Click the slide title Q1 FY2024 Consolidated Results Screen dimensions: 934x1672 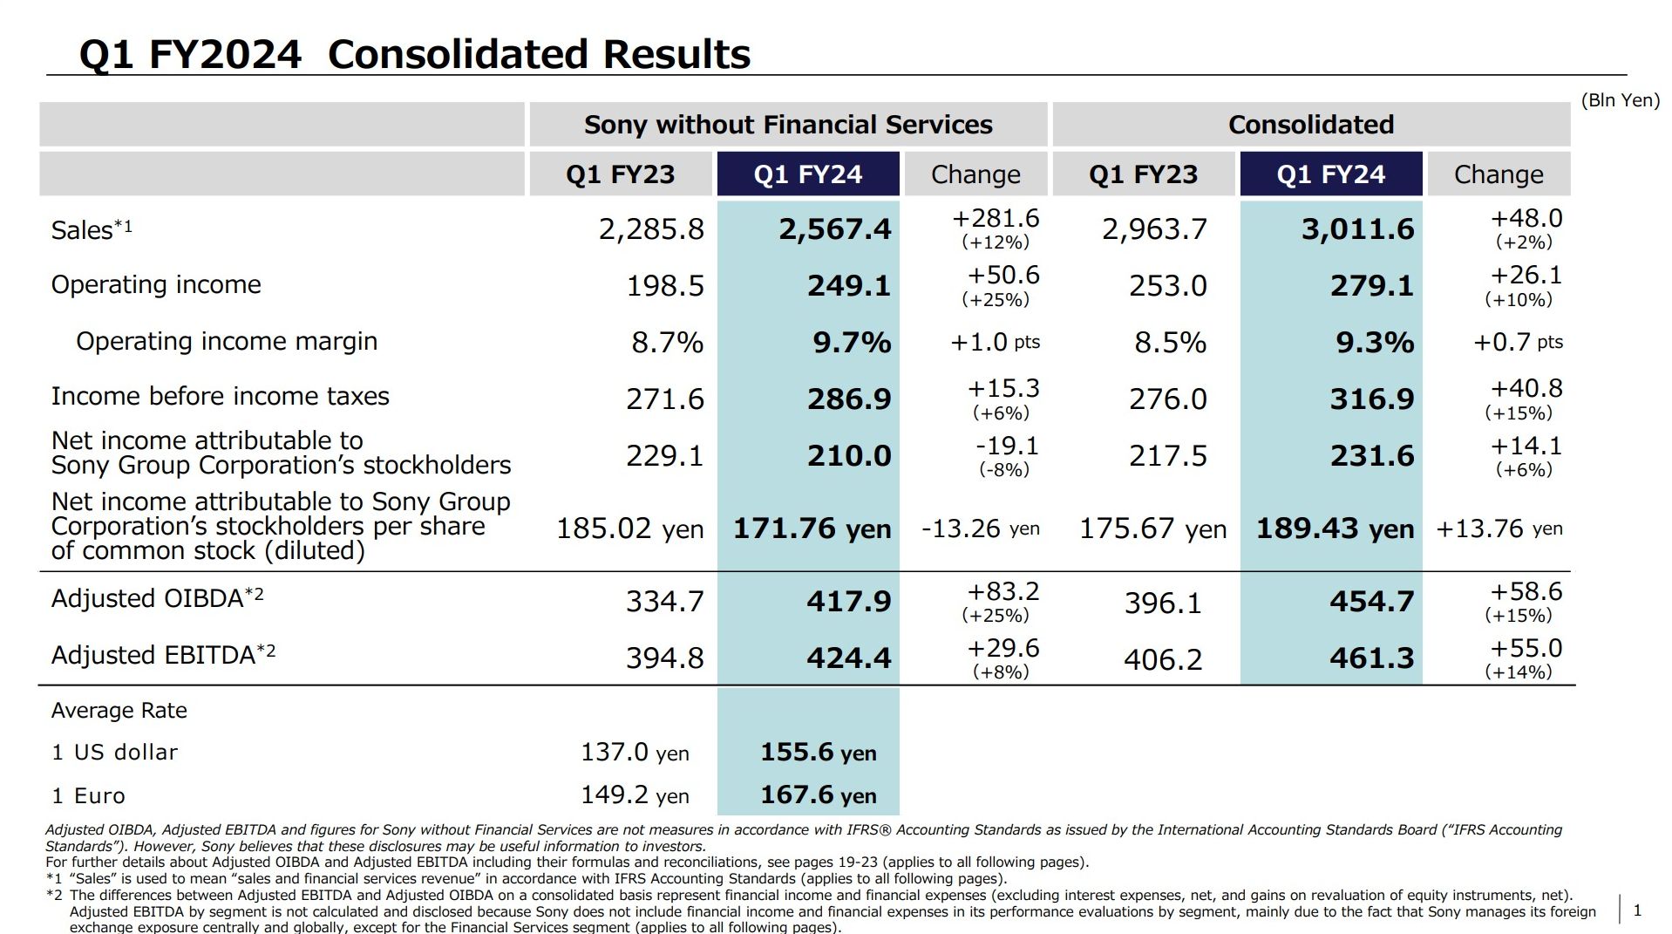(x=414, y=54)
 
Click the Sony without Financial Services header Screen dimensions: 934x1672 (x=787, y=125)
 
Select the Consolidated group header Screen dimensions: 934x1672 (x=1310, y=125)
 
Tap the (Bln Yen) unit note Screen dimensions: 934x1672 (x=1620, y=100)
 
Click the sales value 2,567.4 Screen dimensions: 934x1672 (x=834, y=229)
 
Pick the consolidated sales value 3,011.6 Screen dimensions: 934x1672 (x=1357, y=229)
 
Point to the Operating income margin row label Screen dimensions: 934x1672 (x=227, y=341)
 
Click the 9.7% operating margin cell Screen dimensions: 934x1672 (x=852, y=342)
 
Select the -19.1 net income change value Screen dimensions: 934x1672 (x=1007, y=446)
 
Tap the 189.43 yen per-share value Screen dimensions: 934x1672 (x=1334, y=528)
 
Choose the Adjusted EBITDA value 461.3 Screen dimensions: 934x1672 (x=1371, y=658)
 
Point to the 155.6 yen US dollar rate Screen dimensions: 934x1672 (x=818, y=752)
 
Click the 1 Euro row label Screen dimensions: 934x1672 (x=88, y=795)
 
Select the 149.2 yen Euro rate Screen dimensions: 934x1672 (x=635, y=794)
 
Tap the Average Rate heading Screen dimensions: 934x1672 (x=119, y=710)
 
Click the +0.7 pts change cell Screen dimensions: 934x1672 (x=1517, y=342)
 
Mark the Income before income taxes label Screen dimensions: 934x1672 (x=220, y=396)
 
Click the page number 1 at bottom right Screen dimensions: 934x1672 (x=1636, y=910)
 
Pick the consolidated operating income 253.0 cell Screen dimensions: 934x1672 (x=1167, y=285)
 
